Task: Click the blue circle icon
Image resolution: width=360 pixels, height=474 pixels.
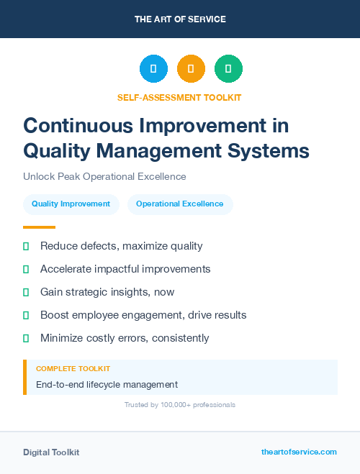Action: click(153, 69)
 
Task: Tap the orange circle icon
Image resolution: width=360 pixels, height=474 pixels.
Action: click(191, 69)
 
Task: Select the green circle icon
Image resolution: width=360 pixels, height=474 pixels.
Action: click(228, 69)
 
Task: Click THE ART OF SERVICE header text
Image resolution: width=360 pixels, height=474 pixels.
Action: click(180, 19)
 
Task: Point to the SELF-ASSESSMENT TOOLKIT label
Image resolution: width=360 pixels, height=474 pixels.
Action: click(179, 97)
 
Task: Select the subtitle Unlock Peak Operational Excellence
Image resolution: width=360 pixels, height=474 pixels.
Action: click(104, 177)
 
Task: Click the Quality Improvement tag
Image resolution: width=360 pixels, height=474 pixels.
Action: click(71, 204)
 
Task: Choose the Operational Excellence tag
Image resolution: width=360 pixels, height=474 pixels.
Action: click(180, 204)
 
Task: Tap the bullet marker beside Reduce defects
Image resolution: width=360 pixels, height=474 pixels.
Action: click(26, 246)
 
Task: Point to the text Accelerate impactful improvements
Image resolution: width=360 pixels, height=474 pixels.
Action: click(125, 269)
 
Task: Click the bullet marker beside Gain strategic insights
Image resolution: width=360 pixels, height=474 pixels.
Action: click(26, 292)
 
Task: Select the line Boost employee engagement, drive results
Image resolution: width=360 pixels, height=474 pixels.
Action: click(143, 315)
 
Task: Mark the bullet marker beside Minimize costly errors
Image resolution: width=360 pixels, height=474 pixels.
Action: click(26, 338)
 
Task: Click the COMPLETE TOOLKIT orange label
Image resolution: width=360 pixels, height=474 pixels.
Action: click(73, 368)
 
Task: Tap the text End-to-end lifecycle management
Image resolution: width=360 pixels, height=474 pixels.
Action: click(107, 385)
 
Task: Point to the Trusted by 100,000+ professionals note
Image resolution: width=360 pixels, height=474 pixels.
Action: click(179, 405)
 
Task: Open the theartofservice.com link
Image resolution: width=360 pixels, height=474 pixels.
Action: click(299, 452)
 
